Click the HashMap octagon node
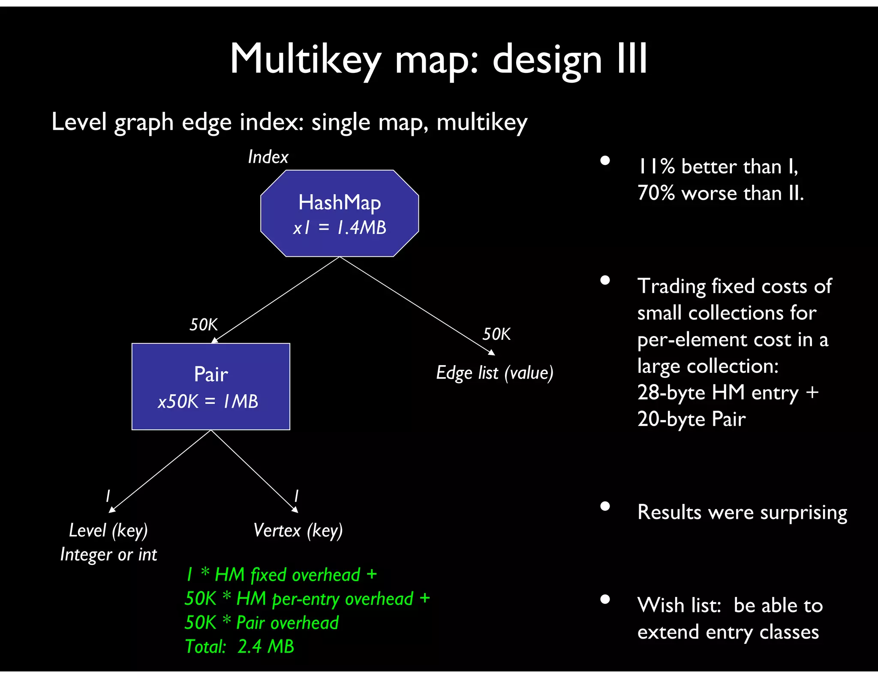(x=340, y=213)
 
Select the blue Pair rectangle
(x=210, y=386)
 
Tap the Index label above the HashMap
(x=268, y=157)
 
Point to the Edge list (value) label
(x=494, y=373)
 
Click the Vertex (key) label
(x=298, y=531)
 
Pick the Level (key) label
(x=108, y=531)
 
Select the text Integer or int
(x=108, y=555)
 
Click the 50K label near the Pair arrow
(x=204, y=324)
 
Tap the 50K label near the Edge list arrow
(x=496, y=334)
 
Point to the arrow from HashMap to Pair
(x=277, y=300)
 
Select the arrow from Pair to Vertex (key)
(x=254, y=471)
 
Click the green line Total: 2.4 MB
(x=239, y=646)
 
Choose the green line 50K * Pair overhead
(x=262, y=623)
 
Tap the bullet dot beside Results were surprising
(x=605, y=506)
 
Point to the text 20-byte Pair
(x=691, y=419)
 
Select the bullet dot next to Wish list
(x=605, y=599)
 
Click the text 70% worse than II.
(x=720, y=193)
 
